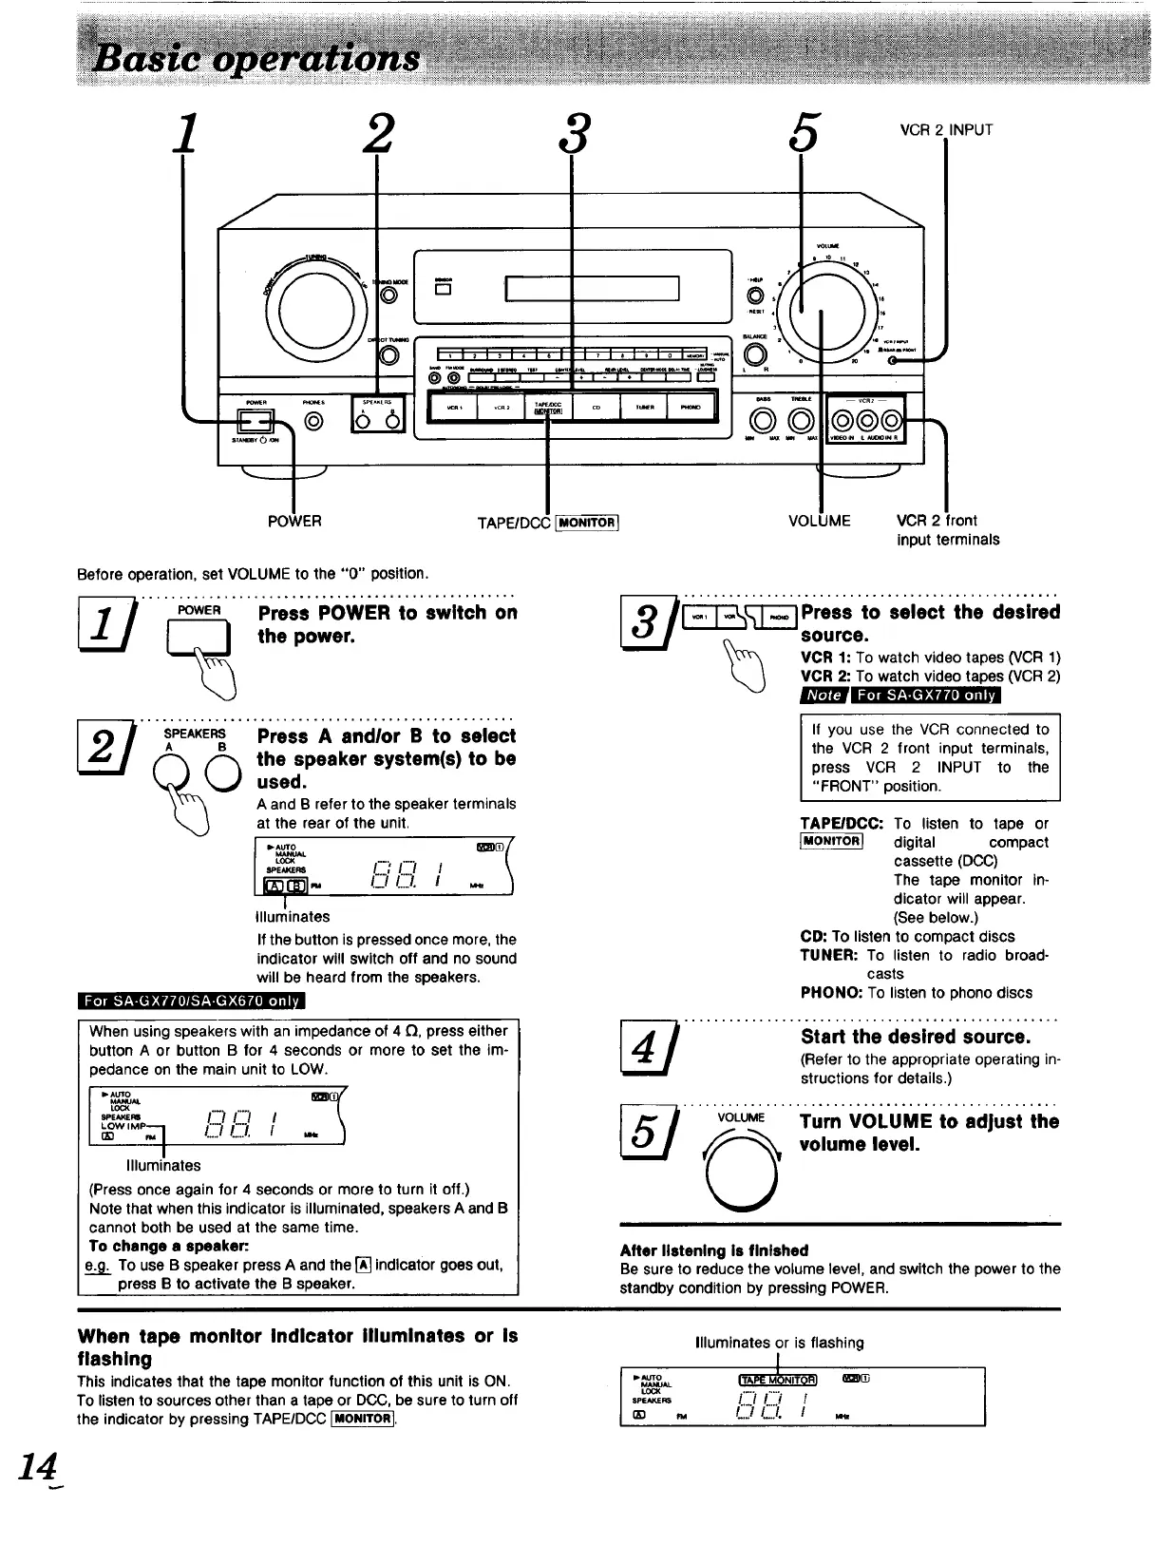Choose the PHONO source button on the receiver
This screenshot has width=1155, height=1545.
(x=691, y=409)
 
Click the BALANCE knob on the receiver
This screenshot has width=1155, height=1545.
(x=755, y=355)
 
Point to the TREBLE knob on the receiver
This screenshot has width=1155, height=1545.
(x=801, y=420)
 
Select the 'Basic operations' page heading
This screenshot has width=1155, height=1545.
(x=255, y=59)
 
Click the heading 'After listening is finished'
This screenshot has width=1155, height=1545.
(x=714, y=1249)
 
